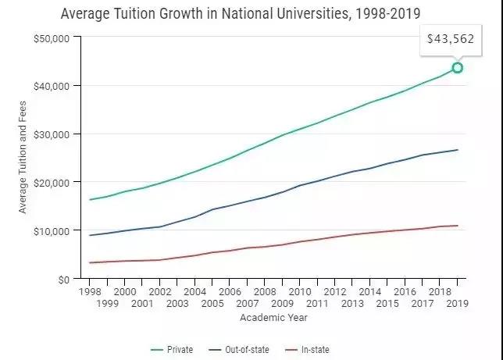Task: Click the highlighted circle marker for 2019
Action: (458, 68)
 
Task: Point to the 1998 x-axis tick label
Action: (91, 290)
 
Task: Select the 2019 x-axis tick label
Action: (457, 302)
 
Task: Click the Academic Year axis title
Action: (273, 318)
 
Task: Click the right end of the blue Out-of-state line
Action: (458, 150)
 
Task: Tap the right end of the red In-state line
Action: (458, 226)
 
